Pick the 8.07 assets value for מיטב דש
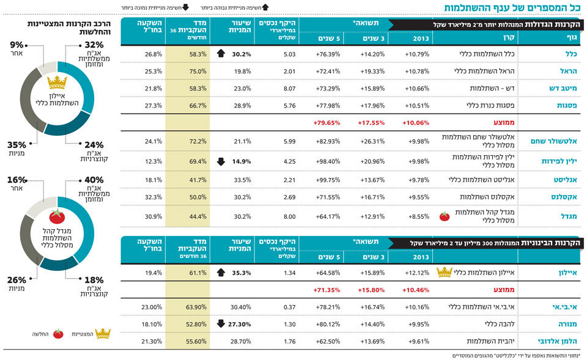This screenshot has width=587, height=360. point(273,88)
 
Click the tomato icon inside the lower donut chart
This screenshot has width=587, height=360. point(57,215)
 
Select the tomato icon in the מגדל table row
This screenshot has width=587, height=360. point(445,216)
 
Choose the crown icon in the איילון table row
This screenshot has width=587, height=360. point(445,272)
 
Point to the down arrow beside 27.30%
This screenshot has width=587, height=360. point(221,323)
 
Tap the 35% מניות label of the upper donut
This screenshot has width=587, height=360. point(17,149)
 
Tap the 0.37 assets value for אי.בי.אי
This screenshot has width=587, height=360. point(273,306)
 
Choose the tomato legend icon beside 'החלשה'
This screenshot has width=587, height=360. point(58,334)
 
